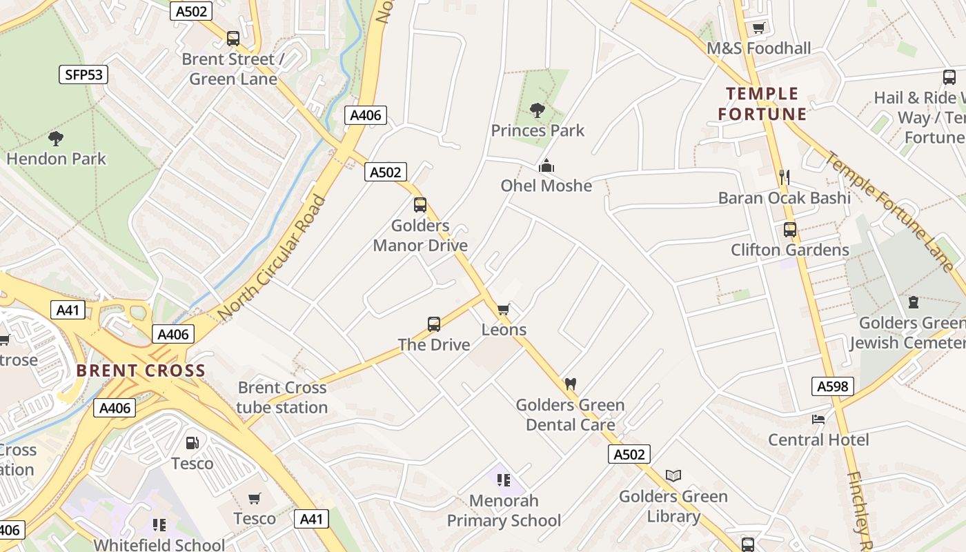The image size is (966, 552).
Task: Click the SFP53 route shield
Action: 83,75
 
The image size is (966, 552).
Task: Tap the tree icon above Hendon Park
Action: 56,139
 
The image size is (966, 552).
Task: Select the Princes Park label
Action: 538,130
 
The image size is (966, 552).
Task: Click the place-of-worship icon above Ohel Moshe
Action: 546,166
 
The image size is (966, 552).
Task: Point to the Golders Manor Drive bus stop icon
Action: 420,205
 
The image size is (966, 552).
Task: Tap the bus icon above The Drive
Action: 434,324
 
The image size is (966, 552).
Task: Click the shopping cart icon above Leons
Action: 504,309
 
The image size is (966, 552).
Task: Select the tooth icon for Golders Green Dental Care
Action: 570,384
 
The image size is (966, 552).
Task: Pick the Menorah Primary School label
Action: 504,510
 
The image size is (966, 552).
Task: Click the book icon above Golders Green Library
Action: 673,475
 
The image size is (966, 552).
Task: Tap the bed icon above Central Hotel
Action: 818,419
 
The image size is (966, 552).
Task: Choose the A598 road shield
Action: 833,386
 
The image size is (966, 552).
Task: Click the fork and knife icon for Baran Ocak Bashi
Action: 784,177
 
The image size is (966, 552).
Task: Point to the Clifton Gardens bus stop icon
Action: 790,230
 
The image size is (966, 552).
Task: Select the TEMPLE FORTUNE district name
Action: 762,104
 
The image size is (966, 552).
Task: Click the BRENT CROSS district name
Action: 141,371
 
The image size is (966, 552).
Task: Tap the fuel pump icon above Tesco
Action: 193,443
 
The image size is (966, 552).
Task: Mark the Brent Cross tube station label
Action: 282,397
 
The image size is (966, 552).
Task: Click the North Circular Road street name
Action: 271,259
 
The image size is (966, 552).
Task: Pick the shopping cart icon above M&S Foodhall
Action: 759,28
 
